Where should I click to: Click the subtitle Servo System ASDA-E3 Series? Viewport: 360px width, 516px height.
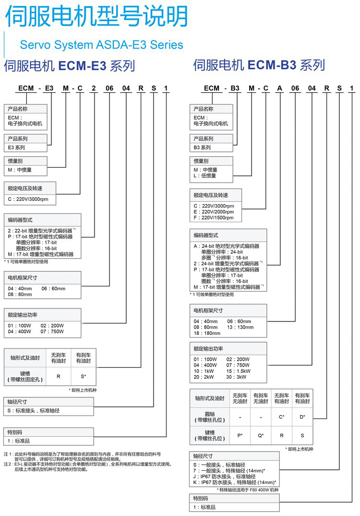point(101,45)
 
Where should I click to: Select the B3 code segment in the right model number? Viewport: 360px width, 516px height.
point(235,88)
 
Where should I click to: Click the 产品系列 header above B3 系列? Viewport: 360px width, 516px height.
point(204,138)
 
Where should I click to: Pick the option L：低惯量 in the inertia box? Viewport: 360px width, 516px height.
point(205,176)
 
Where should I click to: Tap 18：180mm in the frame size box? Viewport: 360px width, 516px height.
point(207,333)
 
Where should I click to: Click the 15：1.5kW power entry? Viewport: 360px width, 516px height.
point(239,371)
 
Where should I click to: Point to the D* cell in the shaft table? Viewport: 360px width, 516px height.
point(302,417)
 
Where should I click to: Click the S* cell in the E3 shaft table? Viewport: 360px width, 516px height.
point(83,376)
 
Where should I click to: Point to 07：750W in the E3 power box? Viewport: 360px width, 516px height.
point(52,332)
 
